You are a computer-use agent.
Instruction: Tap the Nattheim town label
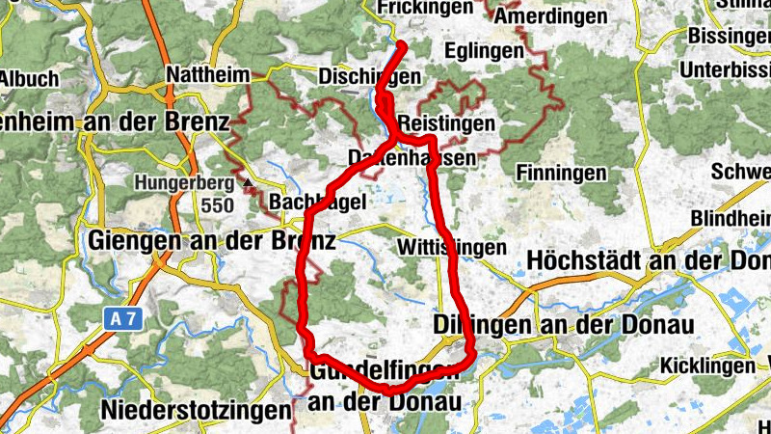pos(207,74)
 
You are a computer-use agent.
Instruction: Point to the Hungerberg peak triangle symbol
pos(249,182)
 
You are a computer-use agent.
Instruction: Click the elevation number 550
pos(218,205)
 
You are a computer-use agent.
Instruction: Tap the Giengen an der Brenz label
pos(211,240)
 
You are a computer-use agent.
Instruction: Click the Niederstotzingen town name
pos(195,410)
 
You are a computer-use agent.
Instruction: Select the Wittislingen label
pos(451,248)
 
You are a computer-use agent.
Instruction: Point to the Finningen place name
pos(562,173)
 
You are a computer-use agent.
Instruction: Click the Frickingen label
pos(426,8)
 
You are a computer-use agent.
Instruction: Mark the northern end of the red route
pos(401,45)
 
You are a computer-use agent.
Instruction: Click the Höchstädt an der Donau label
pos(649,261)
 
